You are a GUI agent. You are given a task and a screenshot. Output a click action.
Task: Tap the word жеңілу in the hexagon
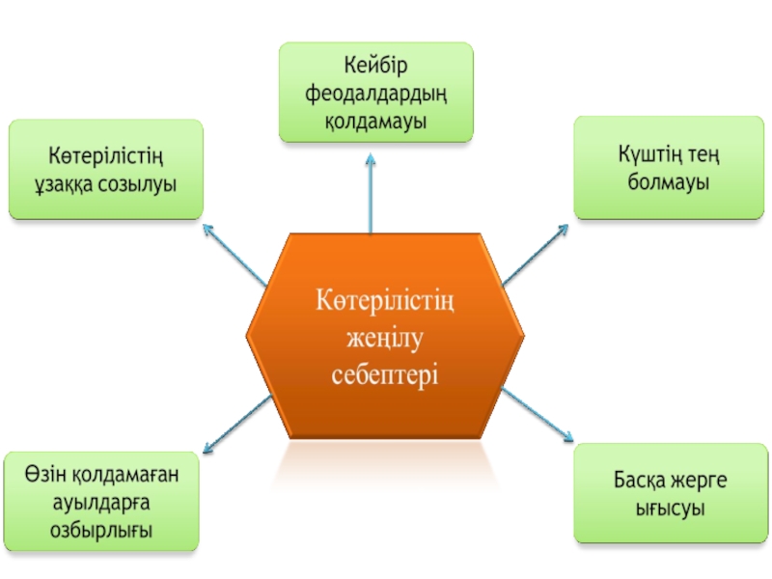(386, 339)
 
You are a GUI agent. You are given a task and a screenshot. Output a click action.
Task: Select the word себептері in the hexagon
(386, 373)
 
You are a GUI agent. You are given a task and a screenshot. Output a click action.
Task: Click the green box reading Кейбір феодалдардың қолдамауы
(376, 93)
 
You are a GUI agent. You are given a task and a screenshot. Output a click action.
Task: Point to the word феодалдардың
(376, 94)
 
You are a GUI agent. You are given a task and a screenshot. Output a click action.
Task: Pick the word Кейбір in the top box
(376, 66)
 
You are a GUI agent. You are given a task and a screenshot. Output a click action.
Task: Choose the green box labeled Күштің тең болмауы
(669, 168)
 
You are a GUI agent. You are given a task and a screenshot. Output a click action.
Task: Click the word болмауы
(669, 181)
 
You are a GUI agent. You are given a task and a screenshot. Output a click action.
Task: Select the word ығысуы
(669, 508)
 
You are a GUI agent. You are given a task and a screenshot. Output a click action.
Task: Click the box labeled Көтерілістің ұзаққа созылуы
(105, 168)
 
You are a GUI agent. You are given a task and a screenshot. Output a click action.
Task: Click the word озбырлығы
(101, 530)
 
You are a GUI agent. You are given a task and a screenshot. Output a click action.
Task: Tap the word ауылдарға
(101, 502)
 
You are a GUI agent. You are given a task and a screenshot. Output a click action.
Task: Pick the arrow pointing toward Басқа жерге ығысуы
(537, 415)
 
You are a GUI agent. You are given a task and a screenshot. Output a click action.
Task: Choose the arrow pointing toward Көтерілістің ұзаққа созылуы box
(234, 255)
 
